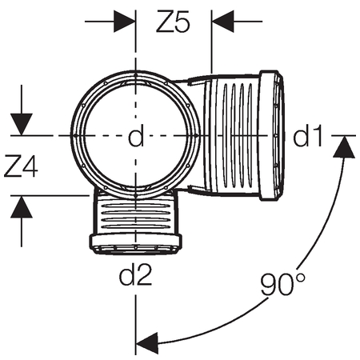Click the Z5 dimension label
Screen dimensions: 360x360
173,22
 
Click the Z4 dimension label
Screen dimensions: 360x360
21,166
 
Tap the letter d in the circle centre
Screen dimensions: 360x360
136,135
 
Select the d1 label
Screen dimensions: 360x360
308,135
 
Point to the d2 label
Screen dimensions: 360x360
136,274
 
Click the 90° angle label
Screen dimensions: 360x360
282,285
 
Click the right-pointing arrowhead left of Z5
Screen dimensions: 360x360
124,22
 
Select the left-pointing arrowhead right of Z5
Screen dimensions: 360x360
223,22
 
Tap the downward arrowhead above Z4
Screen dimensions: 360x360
22,124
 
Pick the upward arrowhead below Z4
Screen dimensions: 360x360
22,207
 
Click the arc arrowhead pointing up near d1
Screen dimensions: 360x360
344,146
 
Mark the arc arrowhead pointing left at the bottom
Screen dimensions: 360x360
147,343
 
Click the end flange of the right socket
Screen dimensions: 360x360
271,135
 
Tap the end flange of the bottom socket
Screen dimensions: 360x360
135,243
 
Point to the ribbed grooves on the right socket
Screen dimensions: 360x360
238,135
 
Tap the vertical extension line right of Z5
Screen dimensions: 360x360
211,42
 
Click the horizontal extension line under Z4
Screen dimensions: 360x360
50,195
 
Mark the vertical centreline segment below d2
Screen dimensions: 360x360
136,325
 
